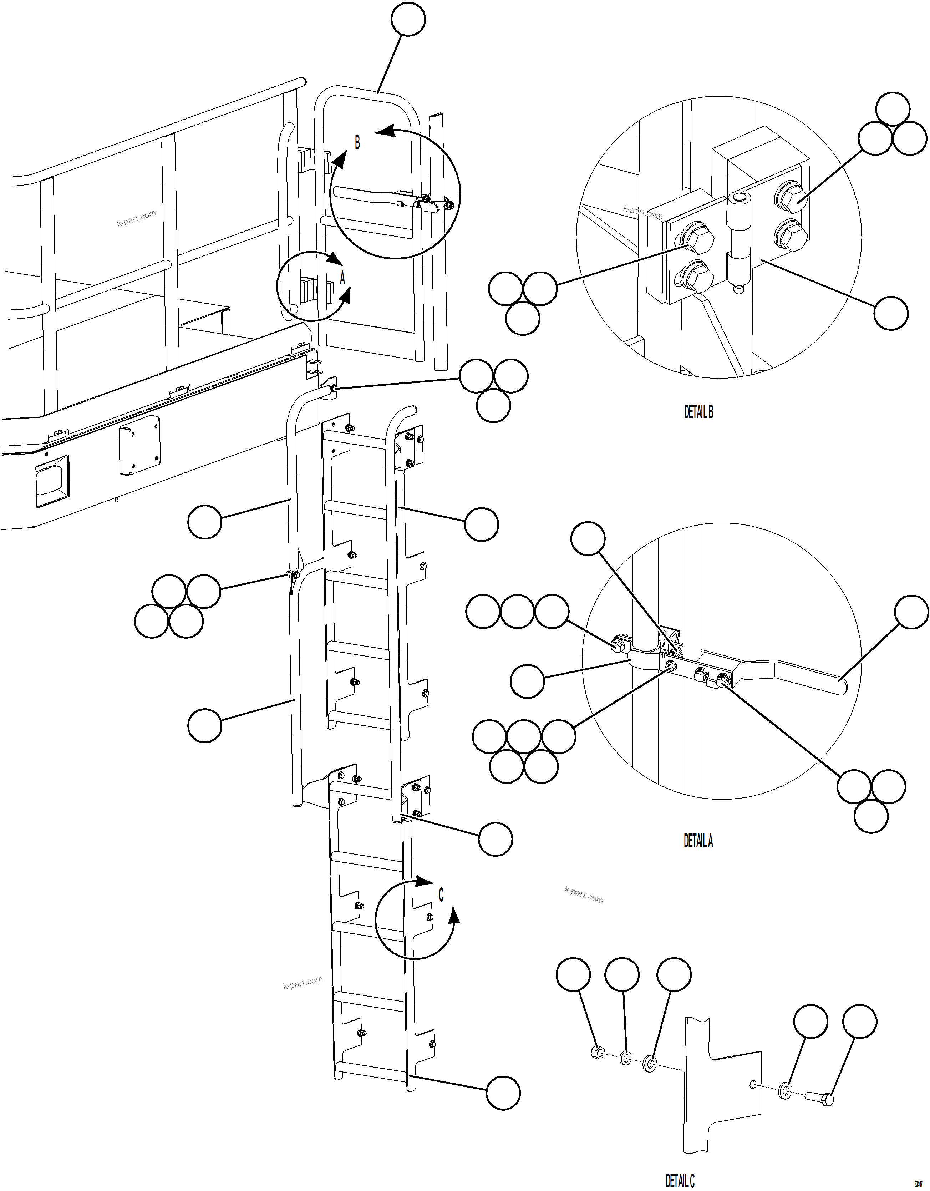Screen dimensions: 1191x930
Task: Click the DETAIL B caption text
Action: click(x=698, y=412)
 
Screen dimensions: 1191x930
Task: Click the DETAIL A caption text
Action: click(x=698, y=841)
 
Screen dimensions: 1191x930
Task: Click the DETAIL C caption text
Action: click(x=680, y=1181)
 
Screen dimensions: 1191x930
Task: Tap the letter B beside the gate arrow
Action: click(x=357, y=143)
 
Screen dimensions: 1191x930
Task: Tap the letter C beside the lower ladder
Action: click(x=441, y=895)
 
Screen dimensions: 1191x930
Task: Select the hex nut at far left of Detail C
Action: click(x=596, y=1053)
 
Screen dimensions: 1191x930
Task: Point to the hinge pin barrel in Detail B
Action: click(x=739, y=240)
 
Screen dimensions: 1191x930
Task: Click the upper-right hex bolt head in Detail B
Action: click(x=791, y=199)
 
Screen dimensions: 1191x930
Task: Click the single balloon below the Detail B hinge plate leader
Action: click(x=891, y=313)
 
